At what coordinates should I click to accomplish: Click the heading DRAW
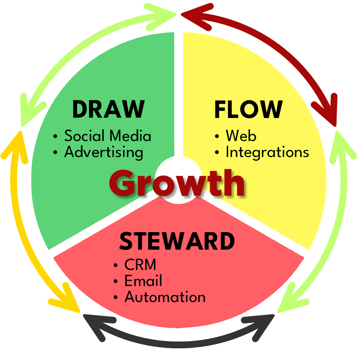pos(108,109)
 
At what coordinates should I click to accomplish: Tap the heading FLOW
pos(248,109)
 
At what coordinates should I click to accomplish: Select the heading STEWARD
pos(177,241)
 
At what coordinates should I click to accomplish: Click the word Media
pos(131,136)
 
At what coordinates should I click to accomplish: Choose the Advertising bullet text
pos(104,152)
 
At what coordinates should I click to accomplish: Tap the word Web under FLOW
pos(241,136)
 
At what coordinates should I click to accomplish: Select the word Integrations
pos(267,152)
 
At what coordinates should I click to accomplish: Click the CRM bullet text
pos(140,265)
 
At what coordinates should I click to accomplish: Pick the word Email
pos(143,281)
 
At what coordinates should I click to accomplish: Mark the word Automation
pos(165,297)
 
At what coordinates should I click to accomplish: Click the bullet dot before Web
pos(217,136)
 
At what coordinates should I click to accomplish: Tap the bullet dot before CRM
pos(116,266)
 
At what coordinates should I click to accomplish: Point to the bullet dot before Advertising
pos(56,153)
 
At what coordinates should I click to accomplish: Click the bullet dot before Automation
pos(116,298)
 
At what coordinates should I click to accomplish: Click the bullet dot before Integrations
pos(217,153)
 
